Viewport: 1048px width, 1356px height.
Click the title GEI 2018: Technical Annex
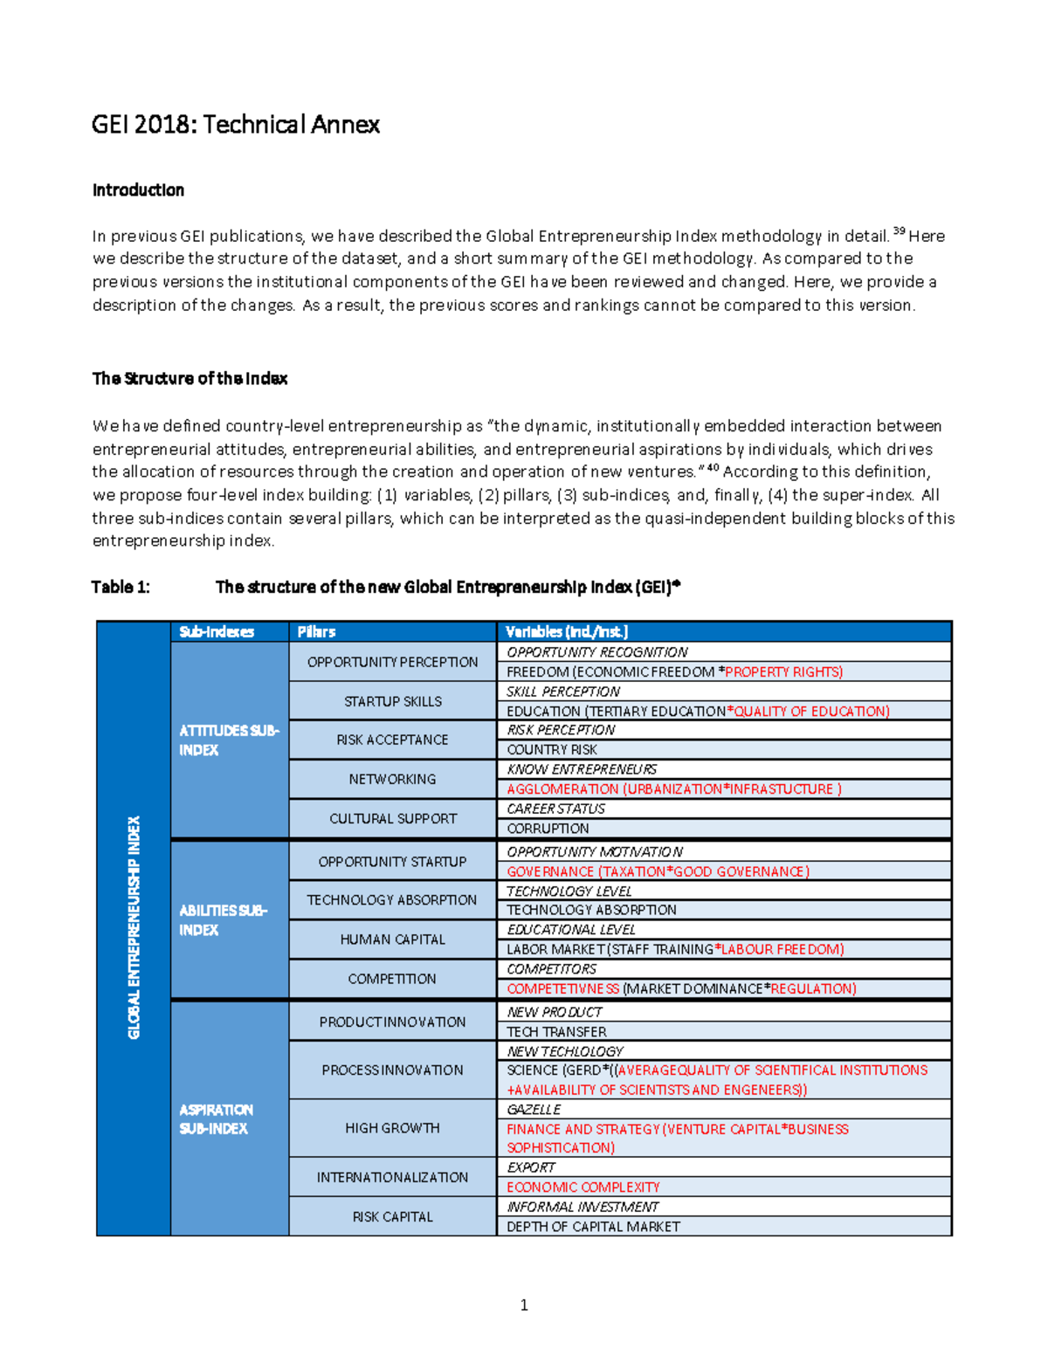coord(235,125)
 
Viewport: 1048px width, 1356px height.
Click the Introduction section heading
coord(138,190)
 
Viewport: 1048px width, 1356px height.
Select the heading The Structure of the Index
coord(190,379)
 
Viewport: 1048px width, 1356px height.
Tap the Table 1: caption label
coord(121,587)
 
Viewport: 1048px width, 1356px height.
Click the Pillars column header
coord(316,631)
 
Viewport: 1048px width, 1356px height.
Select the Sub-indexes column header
coord(217,631)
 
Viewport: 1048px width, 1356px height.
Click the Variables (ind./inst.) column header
coord(567,631)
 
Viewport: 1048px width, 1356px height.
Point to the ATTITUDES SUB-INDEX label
coord(228,740)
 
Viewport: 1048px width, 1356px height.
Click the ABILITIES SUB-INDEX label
coord(224,920)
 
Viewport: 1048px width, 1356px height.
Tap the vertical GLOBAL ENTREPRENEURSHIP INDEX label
coord(134,927)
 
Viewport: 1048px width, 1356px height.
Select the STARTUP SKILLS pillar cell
coord(392,701)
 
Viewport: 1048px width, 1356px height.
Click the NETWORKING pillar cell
coord(392,779)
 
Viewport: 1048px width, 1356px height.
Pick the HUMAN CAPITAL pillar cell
coord(392,940)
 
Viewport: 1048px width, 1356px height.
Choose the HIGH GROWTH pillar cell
coord(392,1128)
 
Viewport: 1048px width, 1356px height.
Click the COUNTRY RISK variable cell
coord(552,750)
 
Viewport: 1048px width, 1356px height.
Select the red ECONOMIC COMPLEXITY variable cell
coord(583,1187)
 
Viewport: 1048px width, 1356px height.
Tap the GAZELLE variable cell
coord(534,1110)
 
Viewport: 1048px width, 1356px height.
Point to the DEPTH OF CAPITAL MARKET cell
coord(593,1227)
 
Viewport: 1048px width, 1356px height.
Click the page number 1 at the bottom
coord(524,1305)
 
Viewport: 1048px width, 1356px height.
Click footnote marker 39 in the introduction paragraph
coord(899,231)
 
